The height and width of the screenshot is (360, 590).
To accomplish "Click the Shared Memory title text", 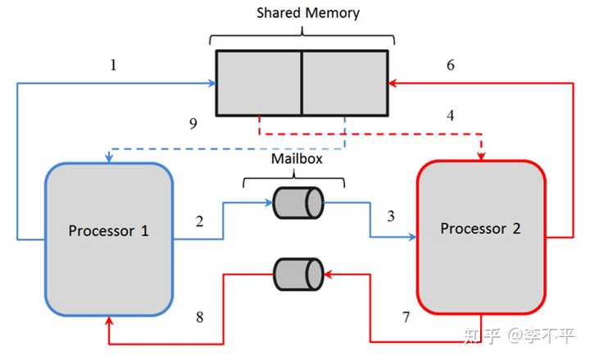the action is coord(308,13).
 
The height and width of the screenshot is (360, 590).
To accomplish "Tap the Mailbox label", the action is coord(297,159).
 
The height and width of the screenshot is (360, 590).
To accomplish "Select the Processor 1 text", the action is coord(108,230).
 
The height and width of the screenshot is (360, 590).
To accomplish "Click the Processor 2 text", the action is coord(480,229).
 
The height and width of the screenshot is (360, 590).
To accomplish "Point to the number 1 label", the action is coord(113,65).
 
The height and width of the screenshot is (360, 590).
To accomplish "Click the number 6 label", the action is coord(451,65).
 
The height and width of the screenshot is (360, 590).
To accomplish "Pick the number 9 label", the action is coord(193,124).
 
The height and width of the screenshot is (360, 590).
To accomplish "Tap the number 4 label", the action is coord(451,116).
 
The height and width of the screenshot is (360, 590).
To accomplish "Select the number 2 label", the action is coord(199,221).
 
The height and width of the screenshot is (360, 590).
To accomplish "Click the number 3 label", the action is coord(391,216).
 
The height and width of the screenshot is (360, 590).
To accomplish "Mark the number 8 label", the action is coord(200,317).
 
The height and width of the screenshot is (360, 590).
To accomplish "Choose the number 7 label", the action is coord(406,317).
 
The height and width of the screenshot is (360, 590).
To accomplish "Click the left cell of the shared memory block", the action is coord(259,83).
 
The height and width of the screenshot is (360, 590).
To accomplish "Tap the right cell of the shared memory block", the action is coord(345,83).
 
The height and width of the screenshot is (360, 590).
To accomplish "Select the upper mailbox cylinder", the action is coord(298,203).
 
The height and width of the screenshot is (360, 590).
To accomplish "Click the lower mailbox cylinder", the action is coord(298,274).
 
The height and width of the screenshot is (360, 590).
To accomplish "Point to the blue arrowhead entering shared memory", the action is coord(212,83).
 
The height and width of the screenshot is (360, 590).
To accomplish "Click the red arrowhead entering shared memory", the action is coord(393,83).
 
